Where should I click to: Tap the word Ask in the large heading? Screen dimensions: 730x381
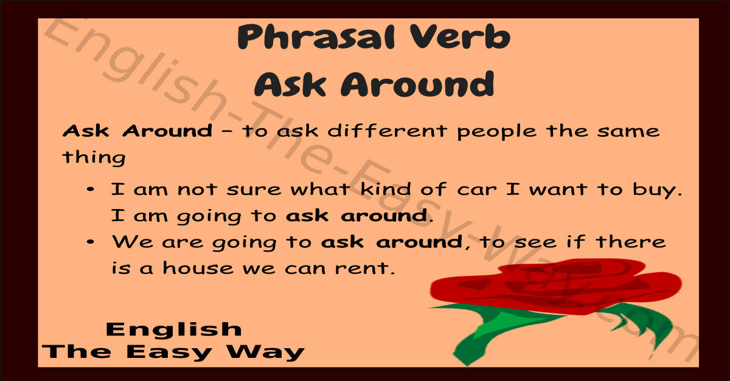pos(290,84)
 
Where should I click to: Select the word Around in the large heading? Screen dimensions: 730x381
pos(417,84)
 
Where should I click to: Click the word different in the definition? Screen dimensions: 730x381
pos(387,131)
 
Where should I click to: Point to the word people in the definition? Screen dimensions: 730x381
pos(496,132)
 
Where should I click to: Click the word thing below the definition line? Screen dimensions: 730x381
pos(94,158)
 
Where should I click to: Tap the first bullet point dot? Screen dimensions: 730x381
pos(91,189)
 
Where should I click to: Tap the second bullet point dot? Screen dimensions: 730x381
pos(91,242)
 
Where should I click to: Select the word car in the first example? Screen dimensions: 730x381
pos(477,190)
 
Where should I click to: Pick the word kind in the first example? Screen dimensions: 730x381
pos(386,189)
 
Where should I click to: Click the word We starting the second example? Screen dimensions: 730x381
pos(133,242)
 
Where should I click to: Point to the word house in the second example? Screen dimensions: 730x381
pos(198,268)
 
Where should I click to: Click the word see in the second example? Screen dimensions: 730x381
pos(535,242)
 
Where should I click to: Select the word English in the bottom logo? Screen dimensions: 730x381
pos(174,329)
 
